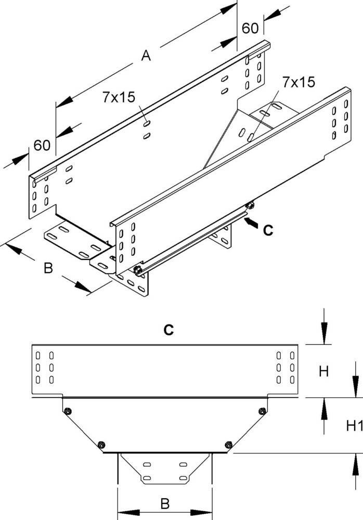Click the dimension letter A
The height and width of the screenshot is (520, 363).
(147, 56)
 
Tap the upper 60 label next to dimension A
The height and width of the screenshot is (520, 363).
(250, 28)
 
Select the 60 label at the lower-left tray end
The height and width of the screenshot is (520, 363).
(42, 145)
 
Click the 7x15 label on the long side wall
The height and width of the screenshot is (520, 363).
(119, 97)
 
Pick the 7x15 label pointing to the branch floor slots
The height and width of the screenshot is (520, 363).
(299, 82)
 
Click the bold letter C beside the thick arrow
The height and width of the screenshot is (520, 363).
(267, 230)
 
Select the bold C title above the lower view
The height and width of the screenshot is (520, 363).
(168, 329)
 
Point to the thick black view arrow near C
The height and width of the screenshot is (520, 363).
(251, 223)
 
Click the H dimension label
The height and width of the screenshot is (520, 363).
(323, 371)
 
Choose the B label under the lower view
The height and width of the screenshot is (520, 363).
(164, 503)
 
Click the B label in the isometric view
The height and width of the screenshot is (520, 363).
(47, 268)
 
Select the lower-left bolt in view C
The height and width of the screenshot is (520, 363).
(101, 444)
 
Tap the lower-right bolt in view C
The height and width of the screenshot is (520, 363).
(227, 444)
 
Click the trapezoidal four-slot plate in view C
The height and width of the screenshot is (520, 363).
(164, 470)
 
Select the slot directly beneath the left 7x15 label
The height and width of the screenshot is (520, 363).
(148, 124)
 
